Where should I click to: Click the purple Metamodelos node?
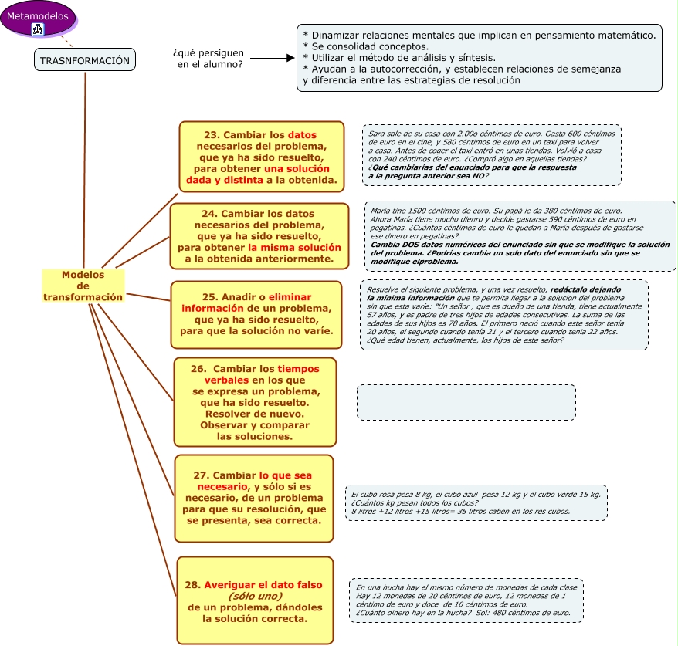click(x=37, y=15)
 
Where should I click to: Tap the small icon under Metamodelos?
click(x=37, y=29)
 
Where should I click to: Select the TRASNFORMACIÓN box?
click(x=85, y=60)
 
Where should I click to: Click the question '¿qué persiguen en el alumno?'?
click(x=208, y=59)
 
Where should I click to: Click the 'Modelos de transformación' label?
click(x=83, y=286)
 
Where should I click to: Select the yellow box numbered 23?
click(x=262, y=155)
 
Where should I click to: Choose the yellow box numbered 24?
click(x=259, y=236)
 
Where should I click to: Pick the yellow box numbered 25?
click(x=256, y=314)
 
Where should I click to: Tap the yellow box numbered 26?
click(x=256, y=401)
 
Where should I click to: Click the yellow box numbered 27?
click(x=254, y=498)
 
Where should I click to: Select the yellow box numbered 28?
click(x=256, y=600)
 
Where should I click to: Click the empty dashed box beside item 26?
click(x=466, y=402)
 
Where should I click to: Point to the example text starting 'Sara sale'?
click(x=492, y=155)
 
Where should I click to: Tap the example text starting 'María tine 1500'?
click(x=520, y=236)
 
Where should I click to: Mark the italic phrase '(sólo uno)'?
click(x=255, y=596)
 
